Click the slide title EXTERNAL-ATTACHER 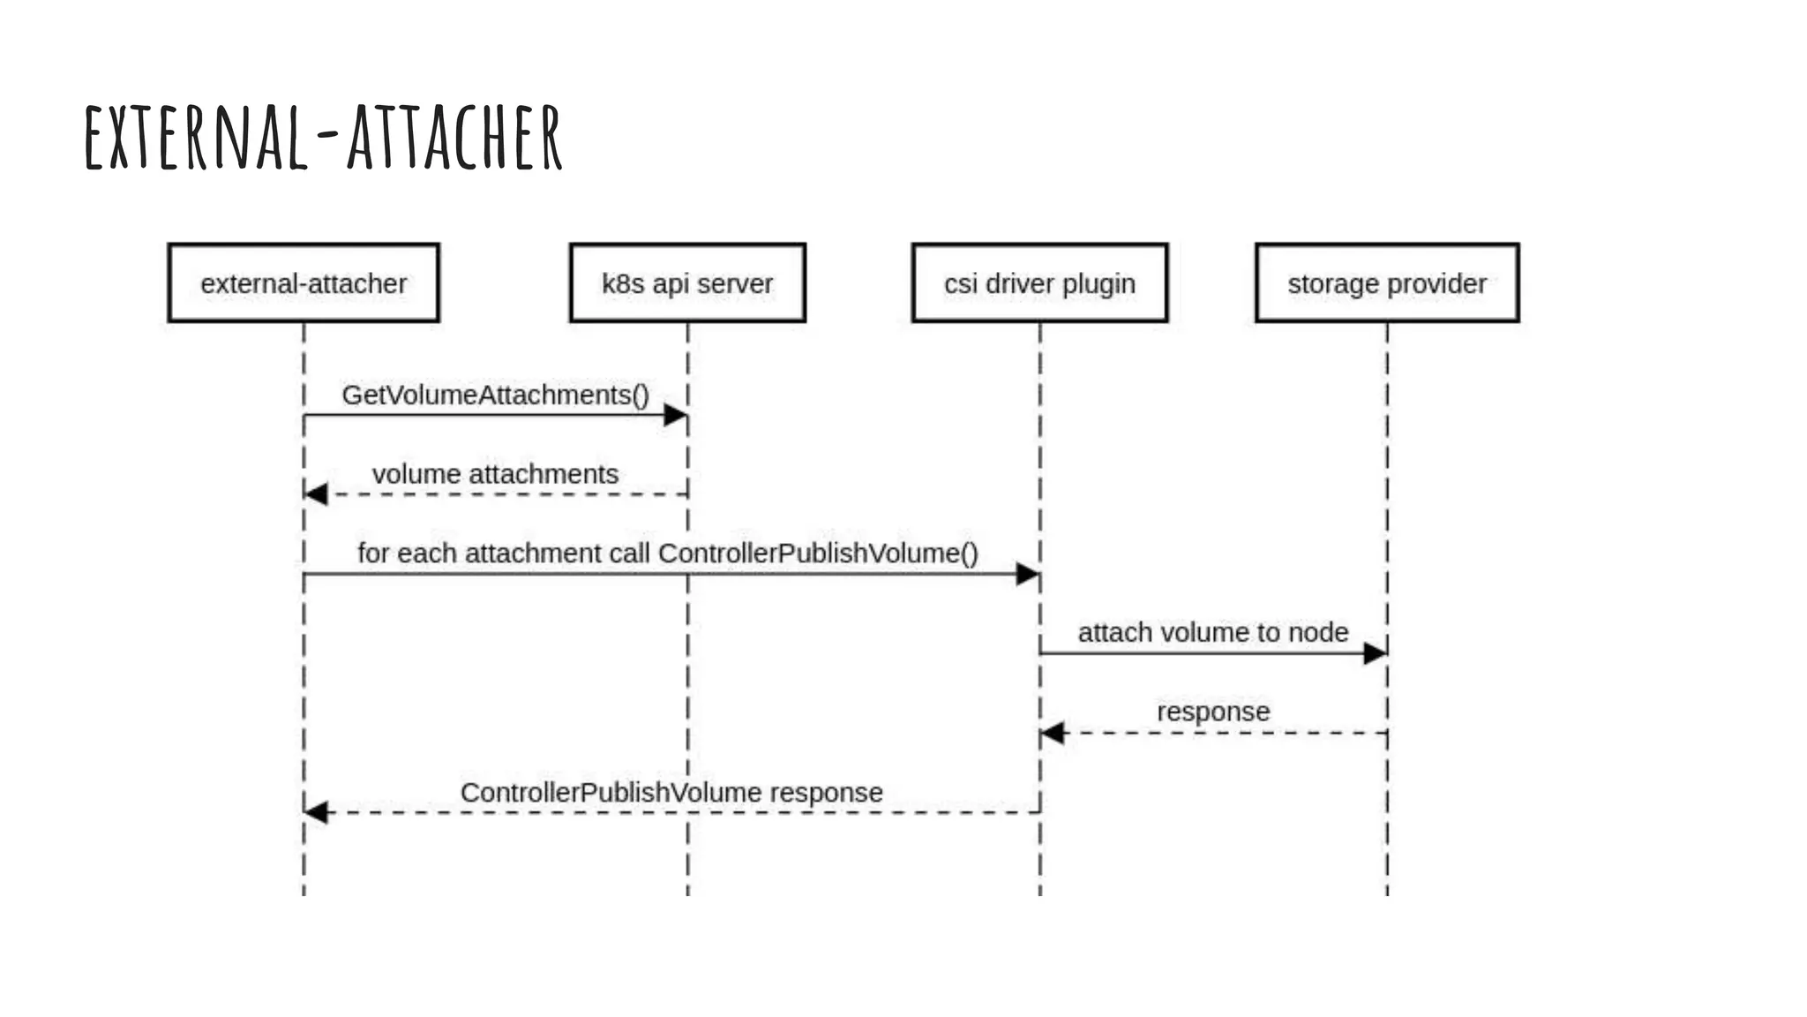pyautogui.click(x=323, y=137)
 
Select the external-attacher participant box pyautogui.click(x=304, y=283)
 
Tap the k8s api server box pyautogui.click(x=687, y=283)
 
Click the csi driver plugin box pyautogui.click(x=1039, y=283)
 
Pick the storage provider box pyautogui.click(x=1387, y=283)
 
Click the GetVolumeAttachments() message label pyautogui.click(x=495, y=395)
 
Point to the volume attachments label pyautogui.click(x=495, y=474)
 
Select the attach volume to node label pyautogui.click(x=1213, y=632)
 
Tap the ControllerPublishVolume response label pyautogui.click(x=671, y=792)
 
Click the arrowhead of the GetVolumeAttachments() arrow pyautogui.click(x=676, y=415)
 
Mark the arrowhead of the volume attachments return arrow pyautogui.click(x=316, y=494)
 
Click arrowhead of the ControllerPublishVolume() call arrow pyautogui.click(x=1028, y=574)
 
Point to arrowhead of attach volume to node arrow pyautogui.click(x=1375, y=653)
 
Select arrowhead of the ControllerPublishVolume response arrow pyautogui.click(x=316, y=812)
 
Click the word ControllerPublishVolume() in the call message pyautogui.click(x=818, y=554)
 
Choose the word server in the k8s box pyautogui.click(x=735, y=284)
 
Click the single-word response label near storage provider pyautogui.click(x=1213, y=712)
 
